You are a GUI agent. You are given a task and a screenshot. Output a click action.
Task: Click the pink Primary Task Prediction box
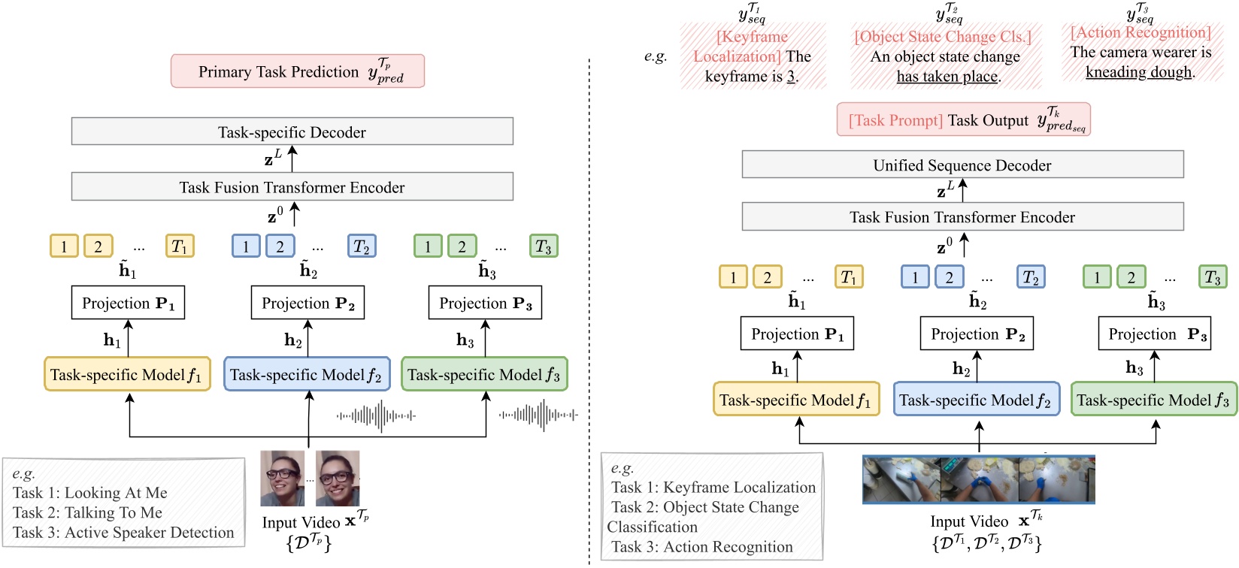coord(297,71)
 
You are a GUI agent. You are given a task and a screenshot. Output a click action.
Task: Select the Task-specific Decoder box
coord(292,131)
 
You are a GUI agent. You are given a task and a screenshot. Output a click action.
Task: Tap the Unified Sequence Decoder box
coord(962,165)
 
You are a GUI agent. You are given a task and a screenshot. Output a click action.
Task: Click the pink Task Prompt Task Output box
coord(963,120)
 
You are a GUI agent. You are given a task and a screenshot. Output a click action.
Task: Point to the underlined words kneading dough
coord(1139,72)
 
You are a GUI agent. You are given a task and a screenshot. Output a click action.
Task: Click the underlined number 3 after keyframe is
coord(791,77)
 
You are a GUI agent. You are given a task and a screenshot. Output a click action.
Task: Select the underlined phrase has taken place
coord(947,77)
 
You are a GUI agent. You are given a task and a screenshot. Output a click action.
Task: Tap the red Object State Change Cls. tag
coord(943,37)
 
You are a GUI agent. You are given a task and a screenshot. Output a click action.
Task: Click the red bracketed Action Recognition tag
coord(1141,32)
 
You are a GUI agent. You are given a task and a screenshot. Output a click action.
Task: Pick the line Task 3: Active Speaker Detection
coord(123,533)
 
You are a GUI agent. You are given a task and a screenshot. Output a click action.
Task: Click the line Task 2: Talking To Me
coord(87,512)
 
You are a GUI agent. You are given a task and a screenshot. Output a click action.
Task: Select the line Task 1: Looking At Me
coord(89,493)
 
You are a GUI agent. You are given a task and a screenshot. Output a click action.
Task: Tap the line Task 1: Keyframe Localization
coord(713,488)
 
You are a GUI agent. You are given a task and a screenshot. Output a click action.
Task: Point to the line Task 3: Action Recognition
coord(701,547)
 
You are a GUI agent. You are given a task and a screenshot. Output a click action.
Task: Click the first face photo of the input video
coord(283,479)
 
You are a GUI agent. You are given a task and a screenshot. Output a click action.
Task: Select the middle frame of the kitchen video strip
coord(979,479)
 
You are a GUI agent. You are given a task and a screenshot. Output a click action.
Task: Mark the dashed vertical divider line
coord(589,301)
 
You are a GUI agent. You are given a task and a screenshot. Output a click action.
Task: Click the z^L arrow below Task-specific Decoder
coord(292,159)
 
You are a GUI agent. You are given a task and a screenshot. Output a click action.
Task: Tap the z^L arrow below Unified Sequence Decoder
coord(962,189)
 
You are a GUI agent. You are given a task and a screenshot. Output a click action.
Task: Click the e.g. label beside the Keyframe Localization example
coord(656,56)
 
